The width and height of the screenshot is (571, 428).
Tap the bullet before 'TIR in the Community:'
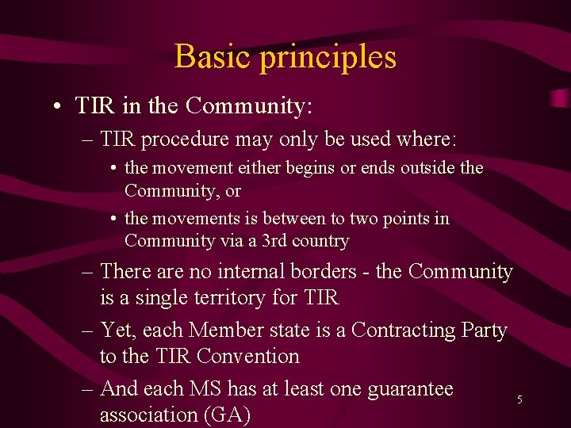tap(59, 106)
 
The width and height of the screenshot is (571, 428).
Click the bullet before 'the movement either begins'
tap(115, 168)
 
